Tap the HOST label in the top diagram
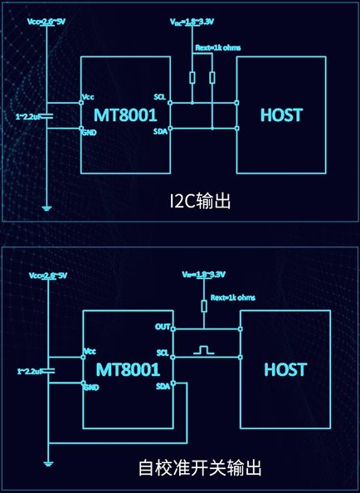(x=281, y=115)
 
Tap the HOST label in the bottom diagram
(x=285, y=369)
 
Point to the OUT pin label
(x=162, y=326)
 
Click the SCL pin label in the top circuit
(x=160, y=97)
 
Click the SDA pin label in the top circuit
(x=160, y=130)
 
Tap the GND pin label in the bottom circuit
(x=91, y=387)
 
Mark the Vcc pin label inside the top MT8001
(x=89, y=97)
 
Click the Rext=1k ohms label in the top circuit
(x=217, y=47)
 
